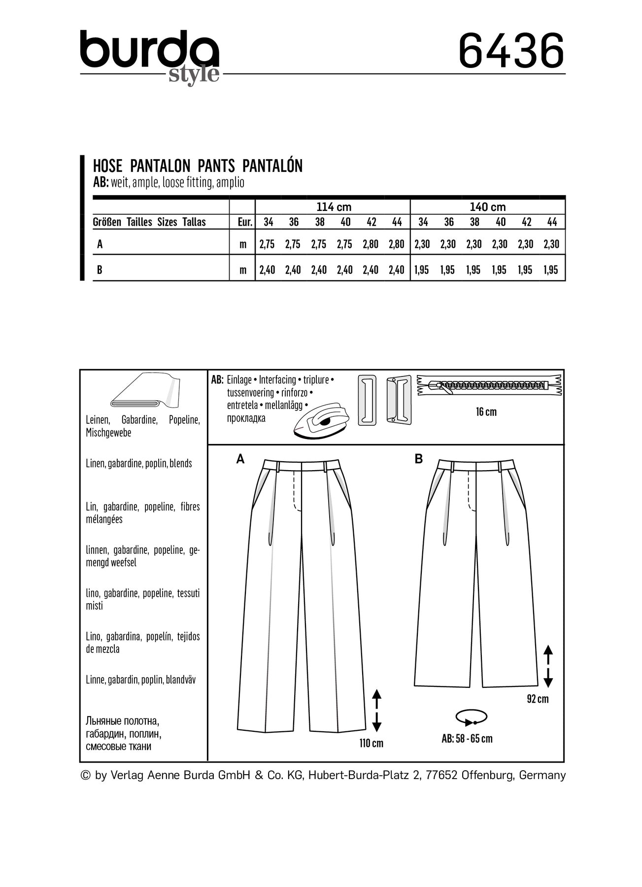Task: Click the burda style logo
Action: [149, 55]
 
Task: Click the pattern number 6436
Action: [511, 51]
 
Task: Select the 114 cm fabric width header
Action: [334, 207]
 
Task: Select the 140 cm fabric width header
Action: [487, 207]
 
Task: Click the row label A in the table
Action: [100, 244]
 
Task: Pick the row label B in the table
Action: [100, 270]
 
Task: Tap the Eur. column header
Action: [245, 222]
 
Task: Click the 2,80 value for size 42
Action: [371, 244]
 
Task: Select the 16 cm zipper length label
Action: [486, 412]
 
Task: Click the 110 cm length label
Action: [371, 743]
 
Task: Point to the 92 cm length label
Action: [538, 699]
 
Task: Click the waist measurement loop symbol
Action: [472, 717]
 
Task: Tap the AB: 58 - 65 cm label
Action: [467, 738]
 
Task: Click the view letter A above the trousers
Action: [240, 459]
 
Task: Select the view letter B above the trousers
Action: [419, 459]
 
